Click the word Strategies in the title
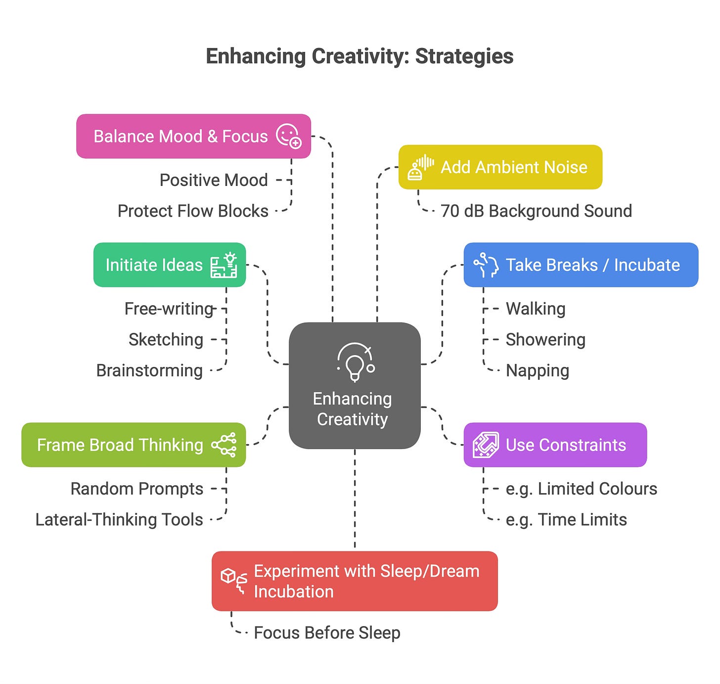tap(464, 56)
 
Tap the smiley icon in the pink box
tap(288, 136)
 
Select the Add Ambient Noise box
tap(500, 167)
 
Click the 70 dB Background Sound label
tap(536, 211)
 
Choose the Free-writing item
tap(169, 309)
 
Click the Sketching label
tap(166, 340)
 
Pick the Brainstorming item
tap(149, 370)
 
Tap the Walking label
tap(536, 309)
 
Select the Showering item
tap(545, 340)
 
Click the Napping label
tap(538, 370)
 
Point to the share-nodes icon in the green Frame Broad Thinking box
tap(224, 445)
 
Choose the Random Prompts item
tap(137, 489)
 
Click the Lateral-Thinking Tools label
tap(119, 520)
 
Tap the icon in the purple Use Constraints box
tap(485, 445)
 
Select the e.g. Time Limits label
tap(566, 520)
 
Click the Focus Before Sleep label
tap(327, 633)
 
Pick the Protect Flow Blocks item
tap(193, 211)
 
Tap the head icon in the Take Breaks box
tap(486, 265)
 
